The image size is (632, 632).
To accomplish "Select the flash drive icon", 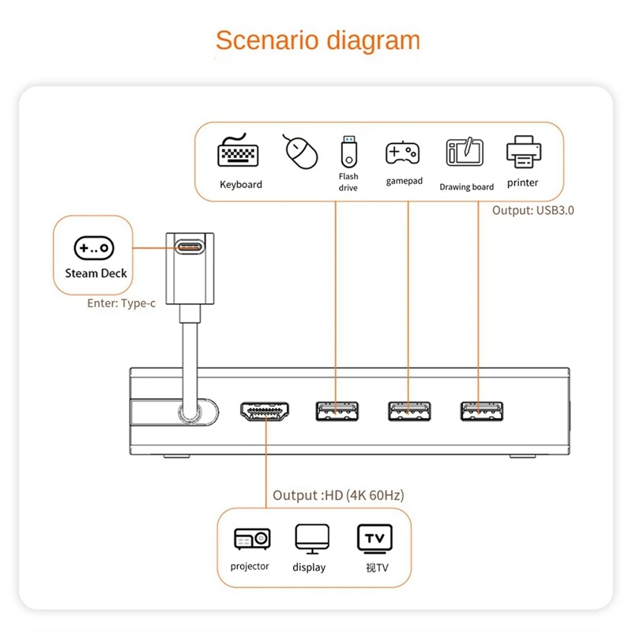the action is (348, 152).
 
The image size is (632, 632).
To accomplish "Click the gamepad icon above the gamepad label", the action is (403, 153).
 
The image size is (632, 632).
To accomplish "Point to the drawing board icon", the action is (465, 152).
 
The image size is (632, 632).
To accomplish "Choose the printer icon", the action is (524, 152).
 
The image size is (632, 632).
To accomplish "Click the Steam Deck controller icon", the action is (94, 248).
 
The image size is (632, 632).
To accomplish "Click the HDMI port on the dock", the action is (265, 411).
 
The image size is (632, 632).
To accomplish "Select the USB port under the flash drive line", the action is (337, 411).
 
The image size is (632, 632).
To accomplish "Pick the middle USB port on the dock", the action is (409, 411).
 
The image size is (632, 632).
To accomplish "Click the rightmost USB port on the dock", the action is (482, 411).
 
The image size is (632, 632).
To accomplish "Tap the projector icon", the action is (252, 539).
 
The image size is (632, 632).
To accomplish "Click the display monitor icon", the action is (312, 539).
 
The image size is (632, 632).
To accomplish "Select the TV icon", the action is (374, 538).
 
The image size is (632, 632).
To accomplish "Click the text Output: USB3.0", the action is (532, 210).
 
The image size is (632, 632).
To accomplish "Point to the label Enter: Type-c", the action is (122, 303).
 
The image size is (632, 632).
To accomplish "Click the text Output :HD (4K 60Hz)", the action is (338, 495).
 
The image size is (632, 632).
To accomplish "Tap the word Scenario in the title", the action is (267, 40).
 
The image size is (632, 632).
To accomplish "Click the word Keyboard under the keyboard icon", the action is (241, 185).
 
